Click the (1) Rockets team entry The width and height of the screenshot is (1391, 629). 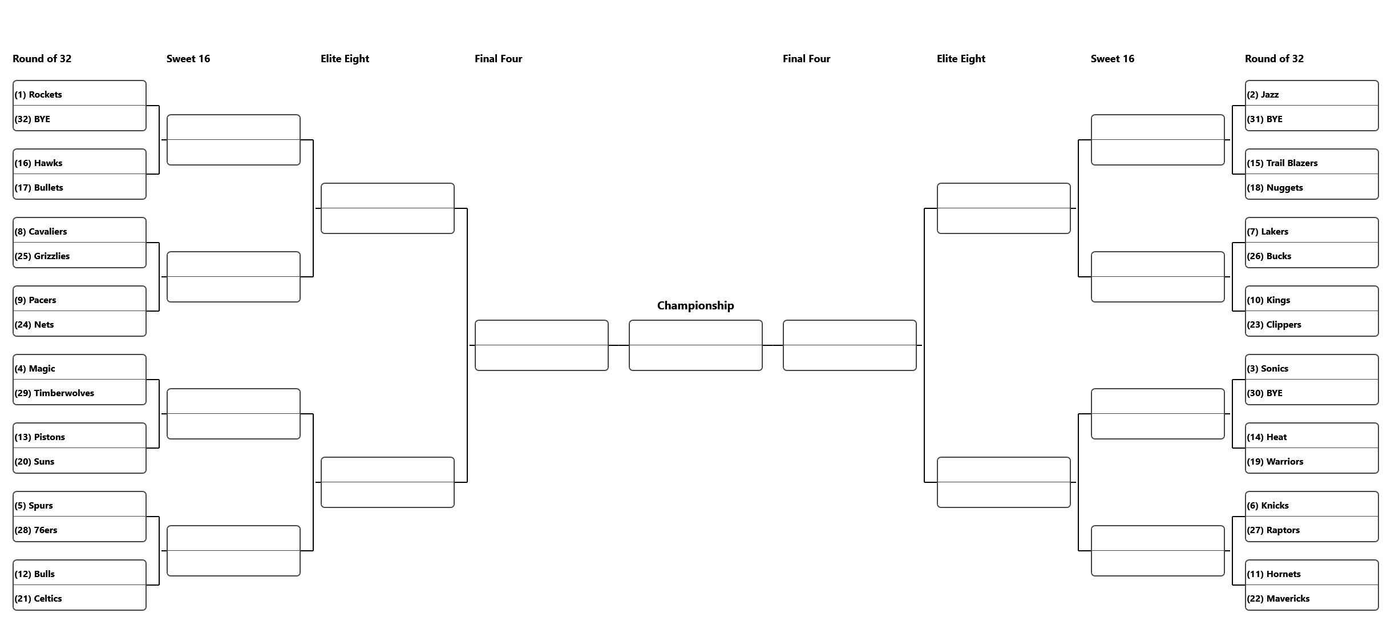(x=38, y=95)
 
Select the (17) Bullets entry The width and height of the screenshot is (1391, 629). (x=39, y=188)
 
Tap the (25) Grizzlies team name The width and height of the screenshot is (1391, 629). (x=42, y=256)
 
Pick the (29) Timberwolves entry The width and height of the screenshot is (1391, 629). (x=54, y=393)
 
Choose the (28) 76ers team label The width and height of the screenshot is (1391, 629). (x=36, y=530)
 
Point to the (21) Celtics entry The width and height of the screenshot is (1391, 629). (x=38, y=599)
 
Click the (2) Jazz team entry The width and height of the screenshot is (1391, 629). (x=1263, y=95)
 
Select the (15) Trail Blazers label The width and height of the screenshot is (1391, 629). (x=1282, y=163)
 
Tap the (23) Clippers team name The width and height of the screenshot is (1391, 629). (x=1274, y=325)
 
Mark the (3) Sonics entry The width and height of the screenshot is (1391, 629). (x=1267, y=369)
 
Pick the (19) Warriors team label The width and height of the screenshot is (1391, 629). (x=1275, y=462)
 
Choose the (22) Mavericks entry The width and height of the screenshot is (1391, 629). (x=1278, y=599)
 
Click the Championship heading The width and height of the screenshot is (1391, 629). (x=695, y=305)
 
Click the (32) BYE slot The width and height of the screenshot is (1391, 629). (x=33, y=119)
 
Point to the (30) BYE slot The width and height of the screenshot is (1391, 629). (x=1264, y=393)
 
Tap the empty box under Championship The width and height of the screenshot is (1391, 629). (x=695, y=345)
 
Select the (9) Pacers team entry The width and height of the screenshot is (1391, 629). (x=35, y=300)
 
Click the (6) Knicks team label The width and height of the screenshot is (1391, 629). (x=1268, y=506)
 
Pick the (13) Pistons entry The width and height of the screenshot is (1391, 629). (x=40, y=437)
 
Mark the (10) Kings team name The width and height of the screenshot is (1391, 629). (x=1268, y=300)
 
